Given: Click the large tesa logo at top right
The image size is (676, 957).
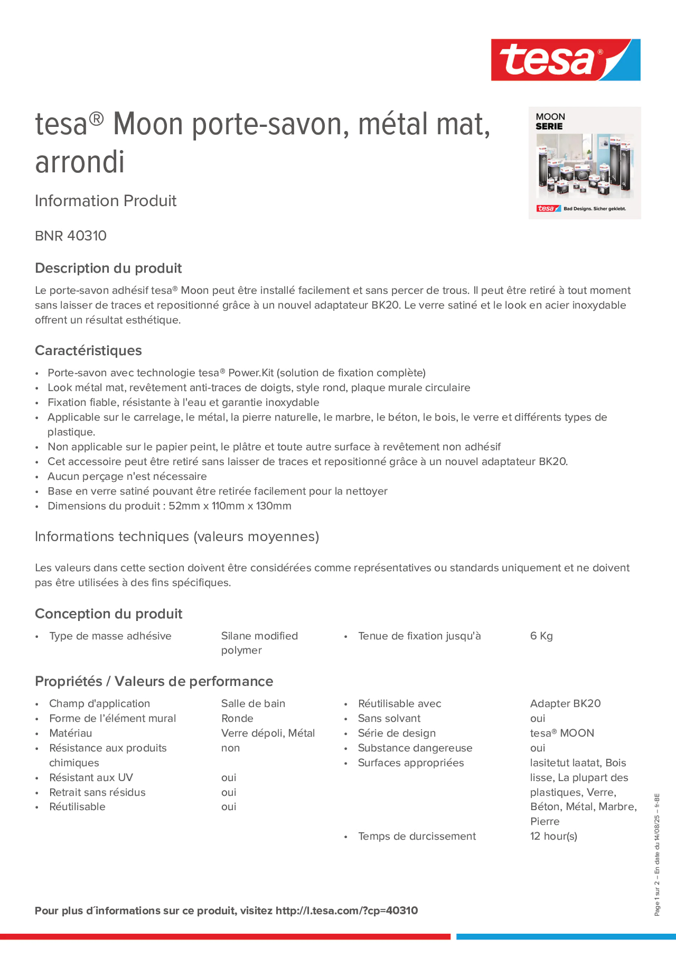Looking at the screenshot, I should (565, 60).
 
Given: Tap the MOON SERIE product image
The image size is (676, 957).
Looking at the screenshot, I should (584, 163).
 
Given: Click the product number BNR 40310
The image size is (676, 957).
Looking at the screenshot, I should (71, 236).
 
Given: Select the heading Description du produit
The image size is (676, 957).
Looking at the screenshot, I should (108, 268).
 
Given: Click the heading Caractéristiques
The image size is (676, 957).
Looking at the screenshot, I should (88, 350).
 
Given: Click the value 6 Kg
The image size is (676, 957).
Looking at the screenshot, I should (541, 636).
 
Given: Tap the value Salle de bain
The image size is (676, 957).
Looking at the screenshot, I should (253, 703).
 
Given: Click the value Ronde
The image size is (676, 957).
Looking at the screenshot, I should (237, 718).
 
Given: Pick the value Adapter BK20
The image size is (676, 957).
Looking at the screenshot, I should (565, 703).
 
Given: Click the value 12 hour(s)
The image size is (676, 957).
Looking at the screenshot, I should (553, 836).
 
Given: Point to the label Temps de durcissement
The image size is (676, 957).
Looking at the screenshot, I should (417, 836).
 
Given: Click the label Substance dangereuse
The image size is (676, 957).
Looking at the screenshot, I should (415, 748).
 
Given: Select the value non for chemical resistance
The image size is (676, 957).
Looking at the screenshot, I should (230, 748).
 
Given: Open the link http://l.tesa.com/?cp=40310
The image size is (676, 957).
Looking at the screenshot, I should (346, 911).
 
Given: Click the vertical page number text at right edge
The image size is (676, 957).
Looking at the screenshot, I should (657, 855).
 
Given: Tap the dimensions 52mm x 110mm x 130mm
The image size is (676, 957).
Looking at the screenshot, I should (230, 506).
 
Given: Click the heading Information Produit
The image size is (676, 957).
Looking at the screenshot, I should (105, 201).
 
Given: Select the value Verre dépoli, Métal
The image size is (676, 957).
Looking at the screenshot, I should (268, 733).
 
